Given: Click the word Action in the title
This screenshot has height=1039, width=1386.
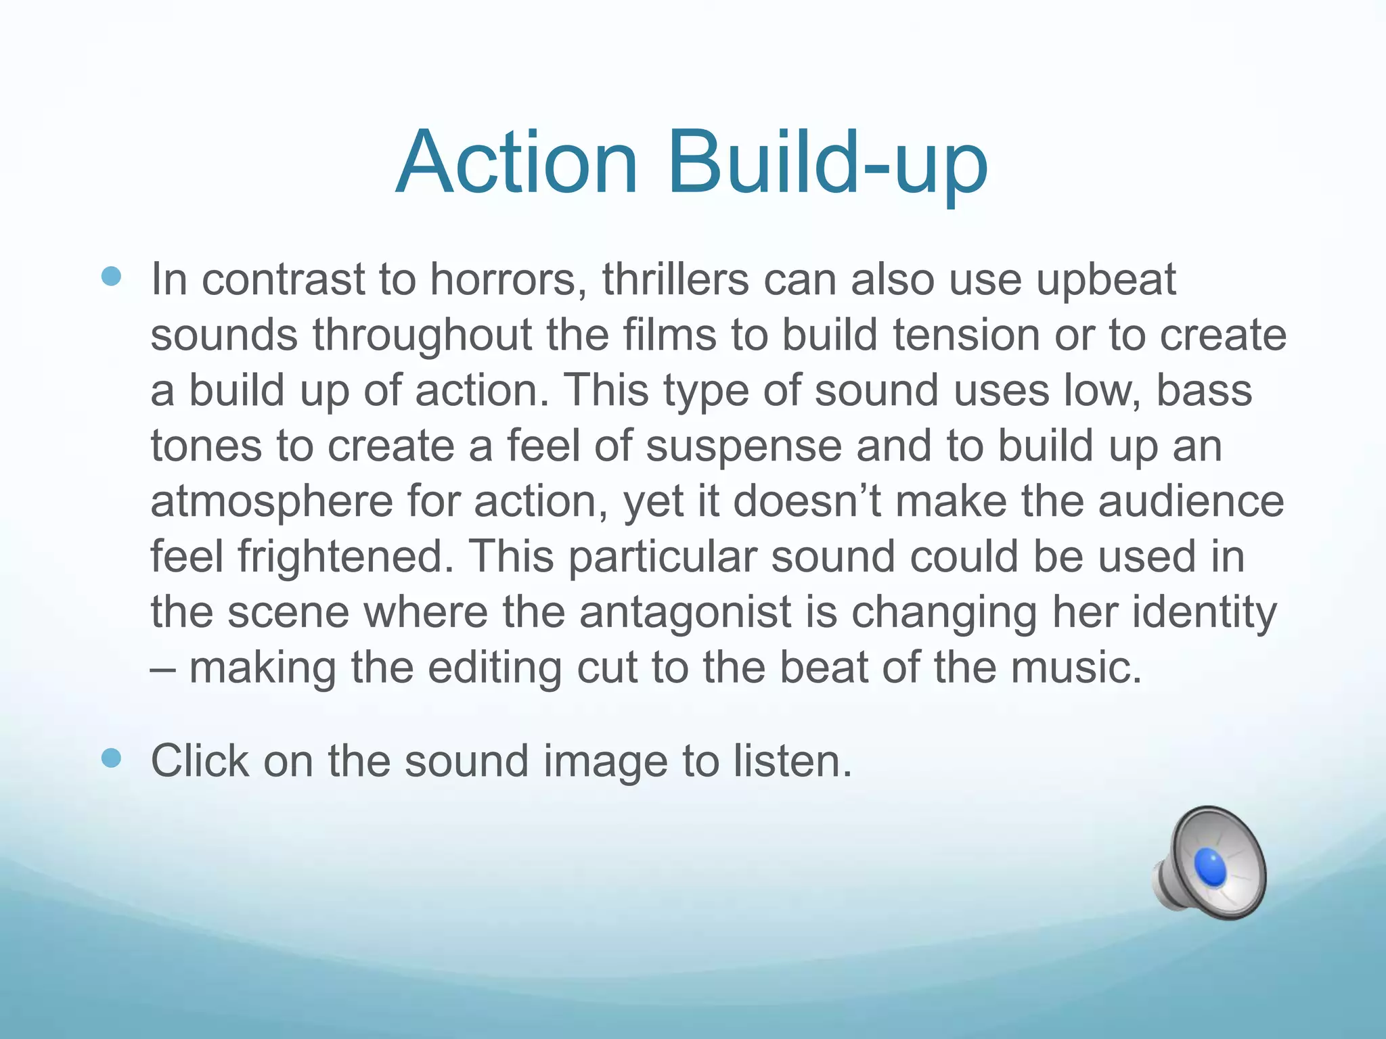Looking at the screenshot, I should (x=517, y=164).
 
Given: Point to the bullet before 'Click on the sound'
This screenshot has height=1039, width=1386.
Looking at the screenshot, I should (x=111, y=758).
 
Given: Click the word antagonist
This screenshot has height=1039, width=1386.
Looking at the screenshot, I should (x=685, y=614).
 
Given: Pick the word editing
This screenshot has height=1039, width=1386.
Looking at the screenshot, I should (x=495, y=669).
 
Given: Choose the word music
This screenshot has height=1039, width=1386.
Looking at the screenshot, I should (x=1077, y=668).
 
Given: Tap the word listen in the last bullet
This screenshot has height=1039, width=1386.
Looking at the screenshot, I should (x=791, y=761).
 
